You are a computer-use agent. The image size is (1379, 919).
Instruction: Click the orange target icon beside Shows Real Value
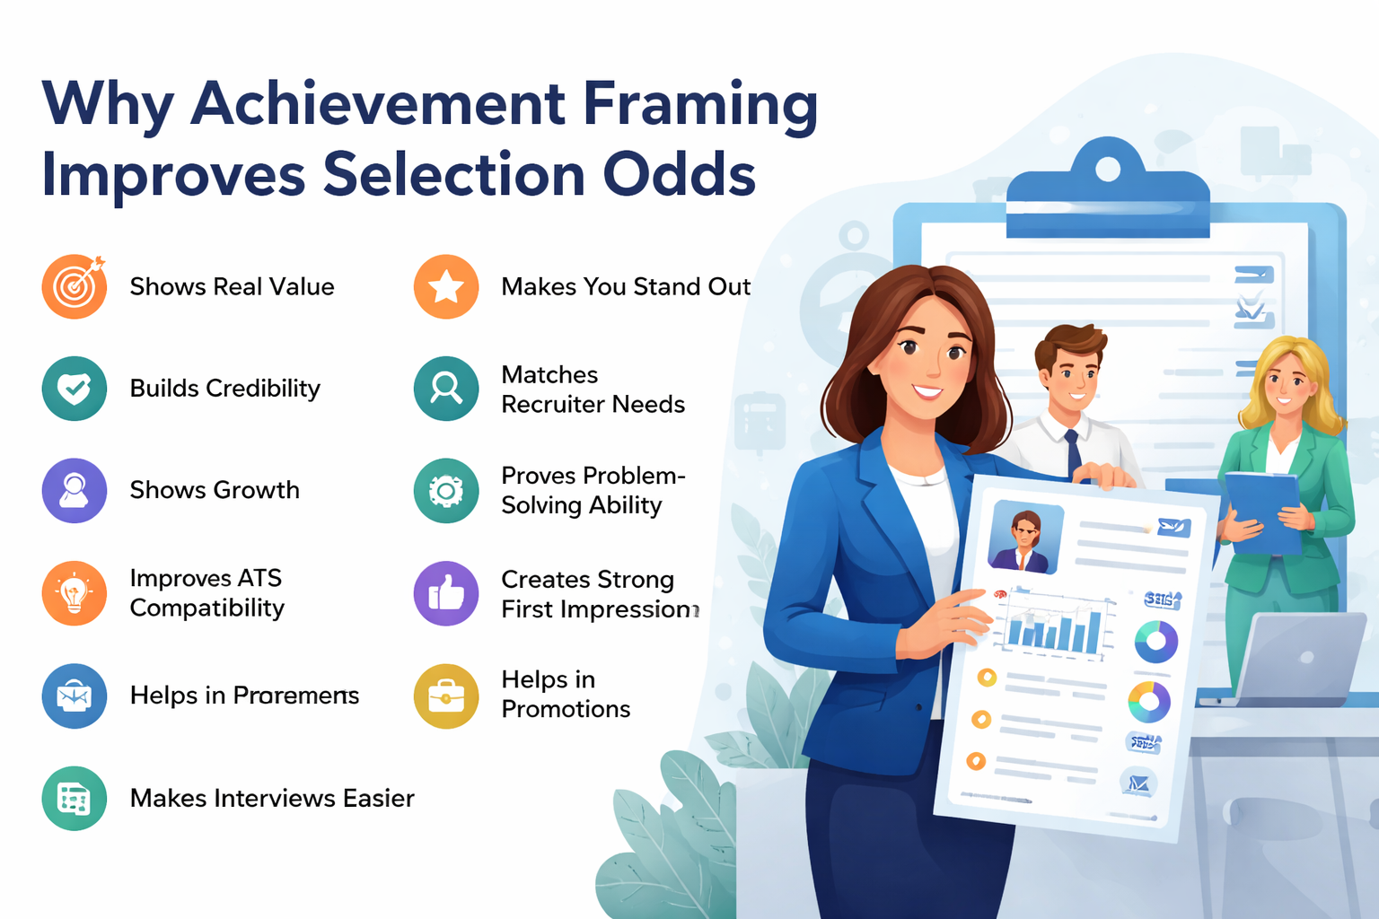point(75,287)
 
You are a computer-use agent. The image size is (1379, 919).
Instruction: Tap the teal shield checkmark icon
point(75,389)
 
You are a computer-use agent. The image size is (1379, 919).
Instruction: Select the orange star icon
point(446,287)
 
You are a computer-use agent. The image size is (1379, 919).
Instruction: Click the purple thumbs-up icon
point(446,593)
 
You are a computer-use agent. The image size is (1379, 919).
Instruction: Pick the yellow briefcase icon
point(446,696)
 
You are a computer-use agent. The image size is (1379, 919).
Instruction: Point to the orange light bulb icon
point(75,593)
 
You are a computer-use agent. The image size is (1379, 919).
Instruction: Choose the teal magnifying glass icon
point(446,389)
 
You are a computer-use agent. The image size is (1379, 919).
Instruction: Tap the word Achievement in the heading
point(378,103)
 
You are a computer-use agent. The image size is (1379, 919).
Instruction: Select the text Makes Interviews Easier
point(272,798)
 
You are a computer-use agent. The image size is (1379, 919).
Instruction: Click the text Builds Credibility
point(224,389)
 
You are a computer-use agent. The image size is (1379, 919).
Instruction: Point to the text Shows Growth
point(215,490)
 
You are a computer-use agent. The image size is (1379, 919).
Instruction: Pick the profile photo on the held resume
point(1024,538)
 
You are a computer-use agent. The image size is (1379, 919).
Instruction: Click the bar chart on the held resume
point(1056,624)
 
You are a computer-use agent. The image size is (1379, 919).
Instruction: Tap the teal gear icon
point(446,491)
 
